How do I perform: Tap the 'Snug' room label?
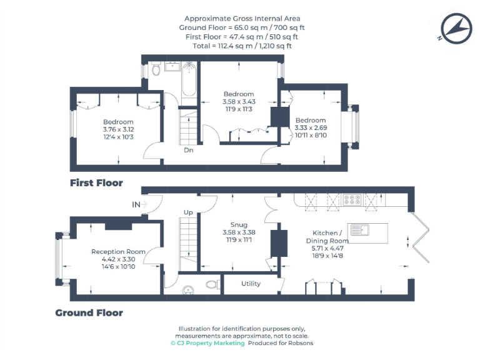tap(239, 225)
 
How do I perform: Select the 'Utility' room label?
tap(251, 284)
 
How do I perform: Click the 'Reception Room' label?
tap(118, 252)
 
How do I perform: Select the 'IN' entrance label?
tap(136, 204)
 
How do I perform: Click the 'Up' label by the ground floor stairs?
tap(188, 212)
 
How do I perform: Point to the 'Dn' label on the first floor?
tap(188, 150)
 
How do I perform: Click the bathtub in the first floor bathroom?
tap(189, 80)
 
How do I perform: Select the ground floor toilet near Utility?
tap(212, 285)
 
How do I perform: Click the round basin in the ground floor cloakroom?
tap(188, 290)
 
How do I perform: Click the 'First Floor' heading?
tap(96, 183)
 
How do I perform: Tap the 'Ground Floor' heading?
tap(89, 312)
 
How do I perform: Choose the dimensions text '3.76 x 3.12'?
tap(118, 129)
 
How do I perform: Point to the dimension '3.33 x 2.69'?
tap(311, 128)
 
